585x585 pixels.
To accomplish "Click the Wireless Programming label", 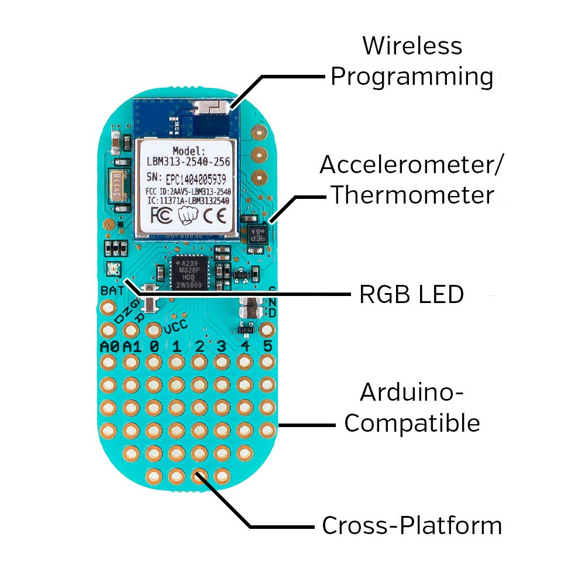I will click(x=412, y=61).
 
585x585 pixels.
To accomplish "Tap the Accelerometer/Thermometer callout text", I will click(x=411, y=180).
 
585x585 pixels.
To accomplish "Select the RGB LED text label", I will click(x=411, y=295).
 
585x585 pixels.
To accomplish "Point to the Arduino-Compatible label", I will click(x=412, y=407).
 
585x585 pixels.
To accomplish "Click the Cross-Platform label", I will click(x=412, y=525).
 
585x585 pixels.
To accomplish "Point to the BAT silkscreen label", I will click(x=112, y=290).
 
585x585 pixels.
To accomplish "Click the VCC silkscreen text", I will click(x=175, y=329).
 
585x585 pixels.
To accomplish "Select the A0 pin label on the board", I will click(x=109, y=346).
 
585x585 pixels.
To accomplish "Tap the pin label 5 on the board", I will click(x=267, y=346).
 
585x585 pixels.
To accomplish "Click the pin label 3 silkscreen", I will click(x=222, y=346).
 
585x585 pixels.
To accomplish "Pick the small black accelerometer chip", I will click(x=258, y=231).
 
